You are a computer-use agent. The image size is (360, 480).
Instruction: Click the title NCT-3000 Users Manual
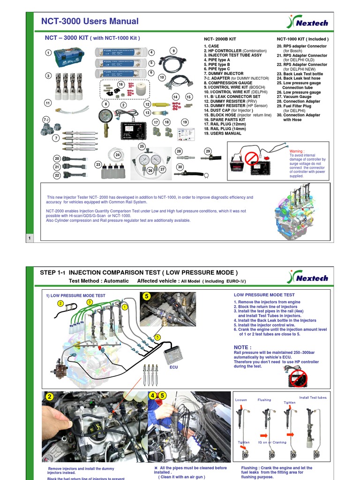[x=90, y=21]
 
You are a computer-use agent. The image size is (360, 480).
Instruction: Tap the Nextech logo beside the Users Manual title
[x=308, y=22]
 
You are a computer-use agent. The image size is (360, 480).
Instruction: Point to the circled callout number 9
[x=173, y=51]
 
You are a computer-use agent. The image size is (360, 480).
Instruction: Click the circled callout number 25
[x=142, y=146]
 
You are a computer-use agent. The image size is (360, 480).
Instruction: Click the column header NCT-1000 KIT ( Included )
[x=302, y=39]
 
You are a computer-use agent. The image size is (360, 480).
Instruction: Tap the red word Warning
[x=297, y=151]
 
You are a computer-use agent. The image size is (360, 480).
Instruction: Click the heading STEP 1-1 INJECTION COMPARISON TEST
[x=139, y=273]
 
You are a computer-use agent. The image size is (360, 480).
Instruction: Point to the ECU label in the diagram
[x=174, y=368]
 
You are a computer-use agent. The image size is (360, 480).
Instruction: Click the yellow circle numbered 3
[x=89, y=302]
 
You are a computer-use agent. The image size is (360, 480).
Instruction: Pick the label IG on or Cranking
[x=272, y=442]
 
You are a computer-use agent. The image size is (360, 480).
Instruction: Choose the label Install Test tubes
[x=313, y=397]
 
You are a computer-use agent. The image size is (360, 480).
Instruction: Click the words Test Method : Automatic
[x=98, y=281]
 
